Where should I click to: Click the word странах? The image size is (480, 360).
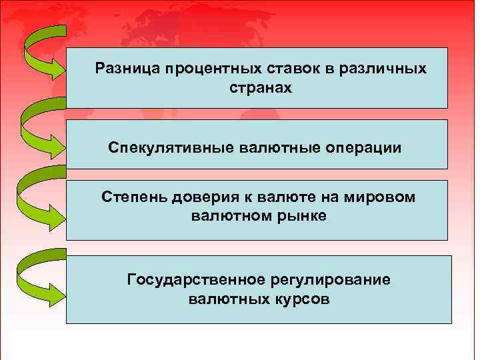pos(261,87)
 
